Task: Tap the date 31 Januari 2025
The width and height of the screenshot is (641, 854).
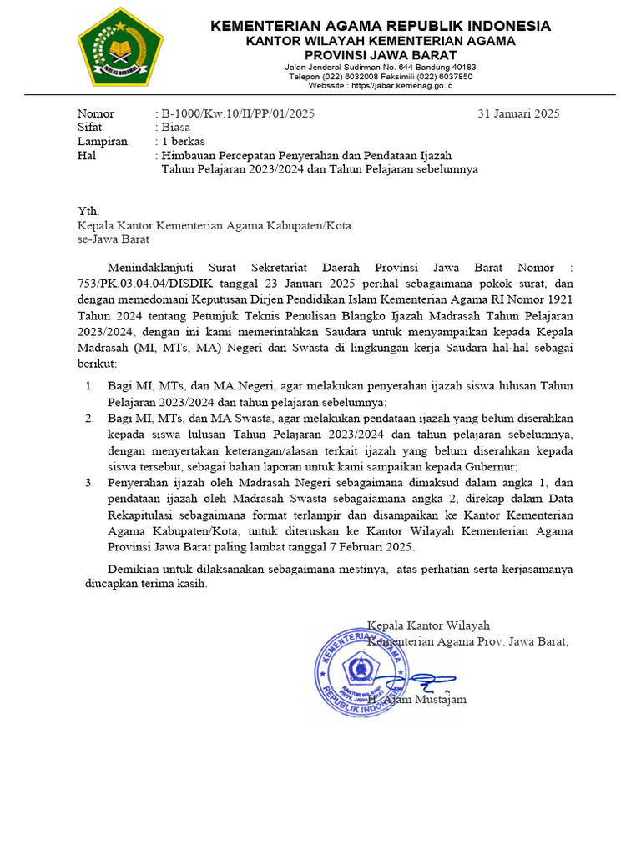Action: (x=518, y=113)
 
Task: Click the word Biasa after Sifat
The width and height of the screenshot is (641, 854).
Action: (x=176, y=128)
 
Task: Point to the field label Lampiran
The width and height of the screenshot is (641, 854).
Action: (x=102, y=142)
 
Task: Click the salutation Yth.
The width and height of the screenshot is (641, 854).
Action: (x=88, y=211)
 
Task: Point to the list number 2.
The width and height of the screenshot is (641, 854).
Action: (x=90, y=417)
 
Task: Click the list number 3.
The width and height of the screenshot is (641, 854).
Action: (x=90, y=482)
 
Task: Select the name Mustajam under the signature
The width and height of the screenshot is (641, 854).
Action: (x=442, y=699)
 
